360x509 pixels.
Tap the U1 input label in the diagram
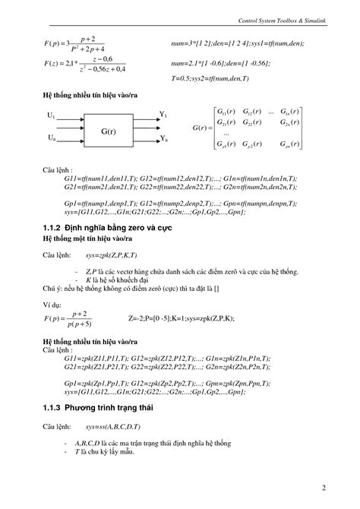[51, 115]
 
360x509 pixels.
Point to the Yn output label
[163, 141]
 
